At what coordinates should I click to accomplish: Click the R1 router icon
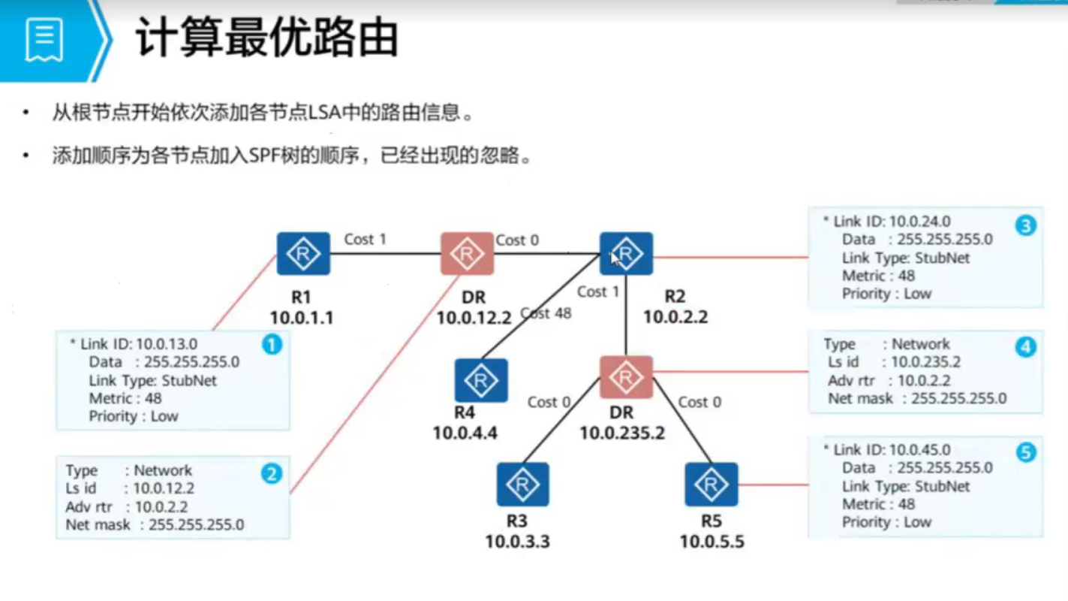coord(303,254)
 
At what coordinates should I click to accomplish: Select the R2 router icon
coord(626,254)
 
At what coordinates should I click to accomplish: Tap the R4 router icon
coord(481,380)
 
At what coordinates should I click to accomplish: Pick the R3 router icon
coord(522,485)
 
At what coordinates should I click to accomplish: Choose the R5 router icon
coord(711,485)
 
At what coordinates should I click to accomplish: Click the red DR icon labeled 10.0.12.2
coord(467,254)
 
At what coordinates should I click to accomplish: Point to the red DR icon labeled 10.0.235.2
coord(626,377)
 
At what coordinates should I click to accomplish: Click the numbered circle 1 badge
coord(271,345)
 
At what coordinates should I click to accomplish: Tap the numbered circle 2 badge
coord(271,473)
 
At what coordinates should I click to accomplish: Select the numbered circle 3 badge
coord(1025,225)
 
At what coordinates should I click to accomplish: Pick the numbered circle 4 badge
coord(1025,347)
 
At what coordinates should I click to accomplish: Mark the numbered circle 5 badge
coord(1025,452)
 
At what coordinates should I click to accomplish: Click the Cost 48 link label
coord(546,313)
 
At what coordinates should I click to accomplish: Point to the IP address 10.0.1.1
coord(302,318)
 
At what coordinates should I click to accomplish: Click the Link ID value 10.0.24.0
coord(919,222)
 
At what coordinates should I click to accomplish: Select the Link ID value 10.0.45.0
coord(919,450)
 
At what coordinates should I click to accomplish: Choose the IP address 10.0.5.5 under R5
coord(711,541)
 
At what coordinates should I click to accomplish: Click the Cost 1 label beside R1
coord(365,239)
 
